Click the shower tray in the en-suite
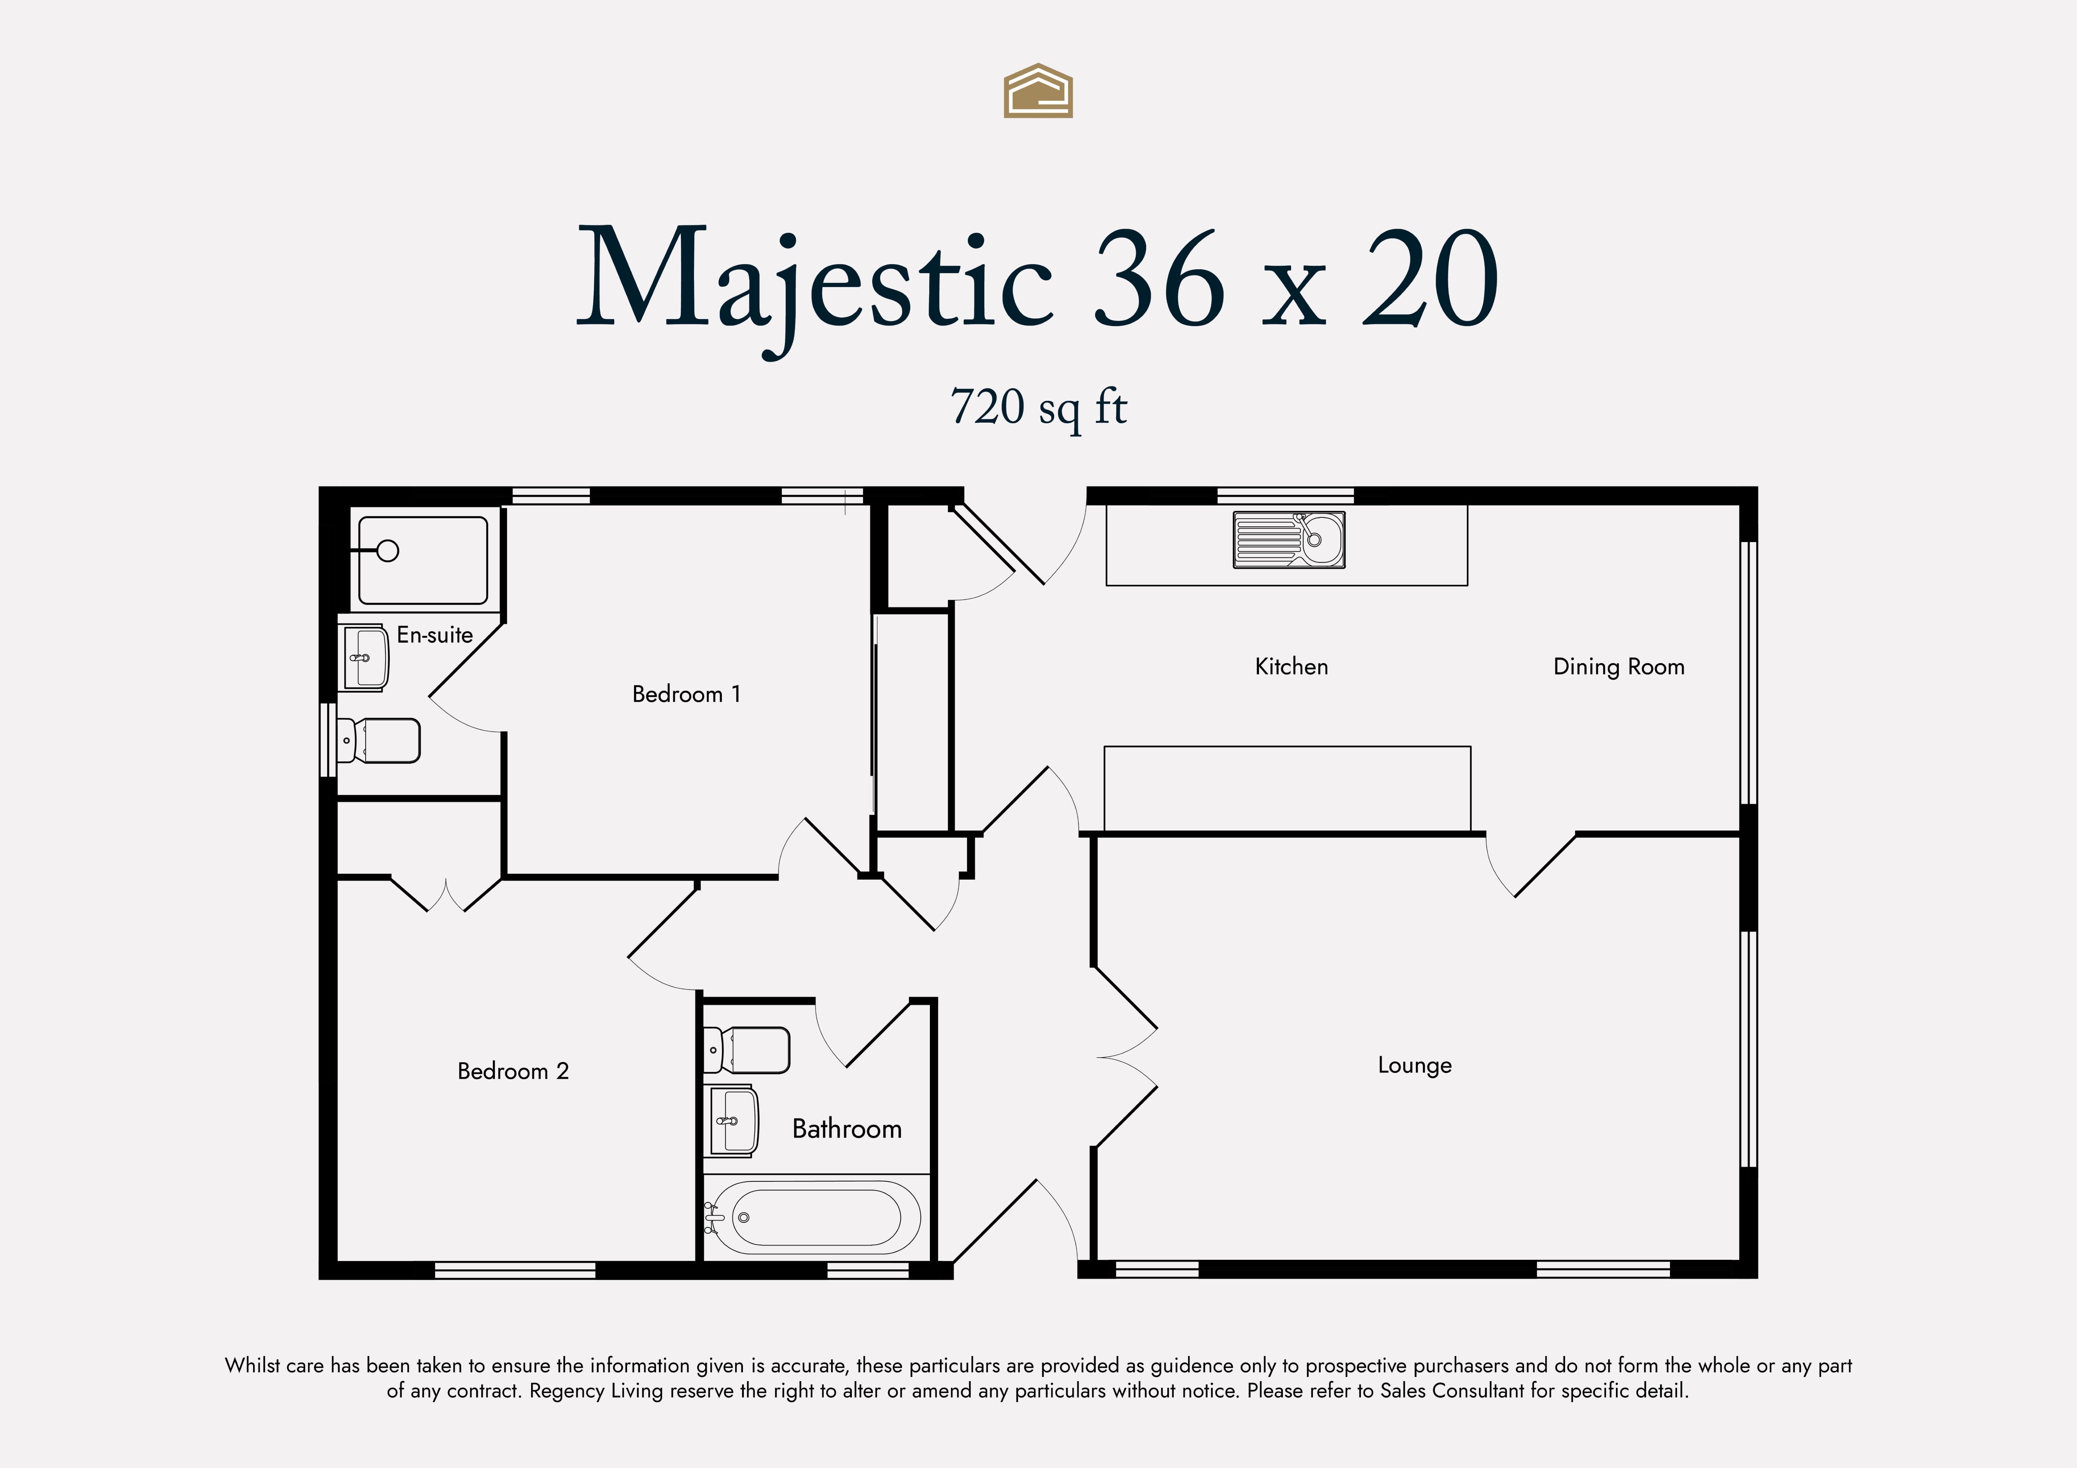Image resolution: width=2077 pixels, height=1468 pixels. [422, 560]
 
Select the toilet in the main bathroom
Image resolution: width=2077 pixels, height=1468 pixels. [746, 1050]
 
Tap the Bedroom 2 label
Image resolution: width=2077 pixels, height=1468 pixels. [513, 1071]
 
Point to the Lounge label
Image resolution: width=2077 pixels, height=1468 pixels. [1415, 1066]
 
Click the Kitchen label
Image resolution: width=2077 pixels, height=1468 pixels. [1292, 667]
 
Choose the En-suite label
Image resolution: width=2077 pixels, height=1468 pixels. [435, 635]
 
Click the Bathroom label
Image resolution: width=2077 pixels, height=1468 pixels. [847, 1129]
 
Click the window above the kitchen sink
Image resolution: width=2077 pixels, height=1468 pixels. [1286, 496]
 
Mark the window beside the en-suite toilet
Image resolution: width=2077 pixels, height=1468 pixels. [328, 740]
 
